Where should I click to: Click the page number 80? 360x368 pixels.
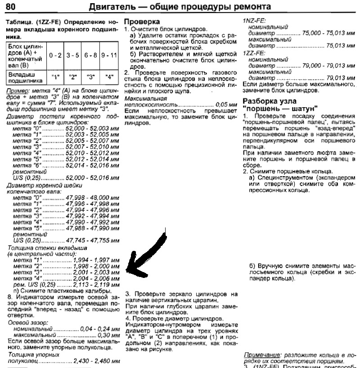(12, 7)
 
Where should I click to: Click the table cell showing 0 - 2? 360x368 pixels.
(55, 55)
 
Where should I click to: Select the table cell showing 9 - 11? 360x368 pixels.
(108, 55)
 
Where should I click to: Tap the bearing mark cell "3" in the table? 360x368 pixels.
(90, 77)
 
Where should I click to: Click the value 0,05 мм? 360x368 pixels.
(226, 104)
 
